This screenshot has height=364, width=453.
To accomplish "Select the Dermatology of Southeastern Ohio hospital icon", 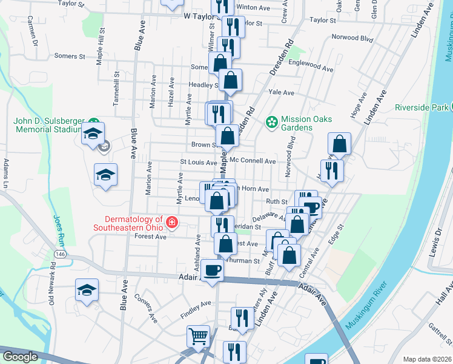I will tap(172, 223).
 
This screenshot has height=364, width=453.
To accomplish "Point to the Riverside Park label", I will tap(420, 107).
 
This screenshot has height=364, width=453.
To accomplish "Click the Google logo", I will tap(19, 357).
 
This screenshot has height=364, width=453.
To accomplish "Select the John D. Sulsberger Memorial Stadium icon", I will tap(93, 123).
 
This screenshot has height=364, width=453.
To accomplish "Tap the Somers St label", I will tap(69, 56).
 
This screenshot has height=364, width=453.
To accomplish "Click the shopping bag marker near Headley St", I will tap(230, 79).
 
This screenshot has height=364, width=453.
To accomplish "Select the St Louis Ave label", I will tap(198, 163).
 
